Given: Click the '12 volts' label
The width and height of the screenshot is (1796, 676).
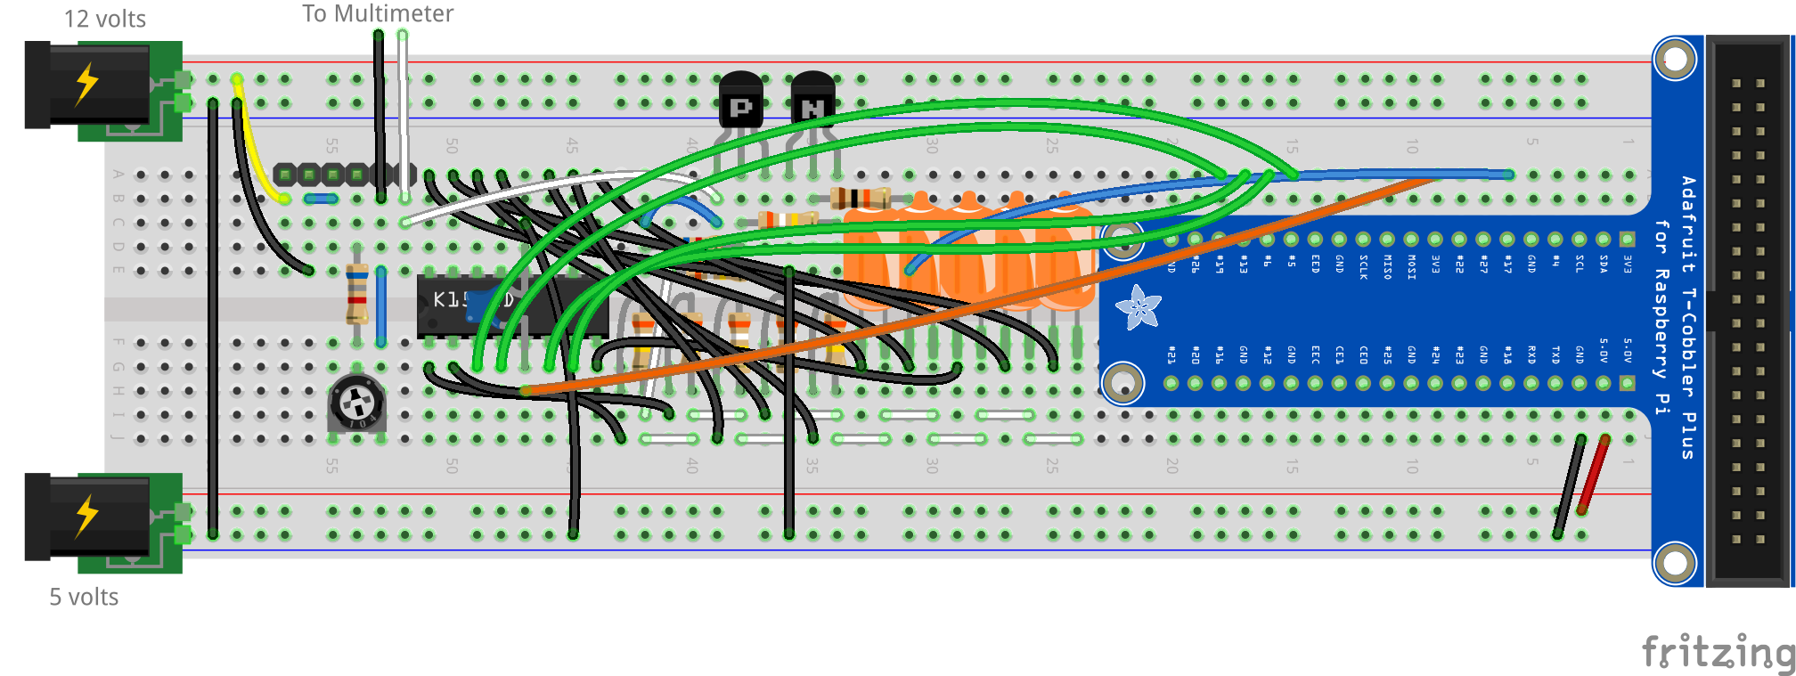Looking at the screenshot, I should click(104, 19).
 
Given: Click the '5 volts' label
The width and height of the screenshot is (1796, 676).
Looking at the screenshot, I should click(84, 597).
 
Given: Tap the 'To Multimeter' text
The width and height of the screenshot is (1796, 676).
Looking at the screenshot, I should click(378, 13).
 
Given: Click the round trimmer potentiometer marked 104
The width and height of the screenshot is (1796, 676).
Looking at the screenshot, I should click(356, 403).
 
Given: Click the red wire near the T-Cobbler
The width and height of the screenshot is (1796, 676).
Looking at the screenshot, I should click(1593, 475).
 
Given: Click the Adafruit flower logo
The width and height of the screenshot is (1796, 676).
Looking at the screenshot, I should click(1139, 307).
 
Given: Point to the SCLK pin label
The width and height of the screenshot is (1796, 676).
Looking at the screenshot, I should click(1363, 266).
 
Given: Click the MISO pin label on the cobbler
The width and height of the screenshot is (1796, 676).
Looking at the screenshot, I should click(1387, 266).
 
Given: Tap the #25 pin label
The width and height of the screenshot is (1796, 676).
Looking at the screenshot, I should click(1387, 354).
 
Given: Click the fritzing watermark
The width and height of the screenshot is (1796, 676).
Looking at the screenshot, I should click(1718, 652).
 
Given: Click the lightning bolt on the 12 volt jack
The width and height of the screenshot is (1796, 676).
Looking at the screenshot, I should click(86, 84).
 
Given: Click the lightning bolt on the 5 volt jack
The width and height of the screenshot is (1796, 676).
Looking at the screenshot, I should click(86, 516).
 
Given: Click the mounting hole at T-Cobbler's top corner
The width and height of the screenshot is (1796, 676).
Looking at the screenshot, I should click(1675, 60).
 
